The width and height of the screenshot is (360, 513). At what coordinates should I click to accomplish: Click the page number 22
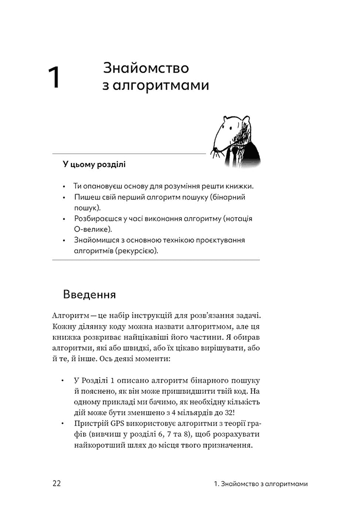[x=57, y=484]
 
